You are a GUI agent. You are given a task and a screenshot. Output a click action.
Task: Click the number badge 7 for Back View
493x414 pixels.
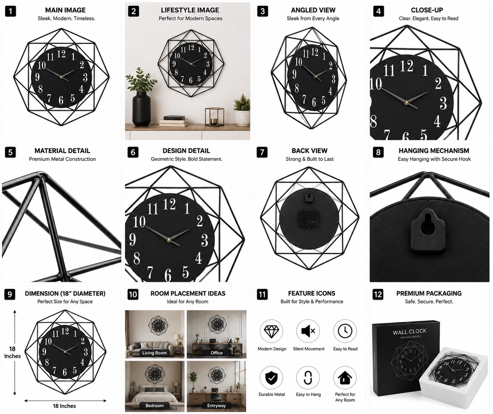point(262,152)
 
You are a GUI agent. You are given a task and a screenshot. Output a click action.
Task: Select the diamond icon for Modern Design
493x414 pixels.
point(271,331)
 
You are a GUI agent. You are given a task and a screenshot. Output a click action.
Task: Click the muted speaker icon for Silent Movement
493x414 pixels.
point(308,331)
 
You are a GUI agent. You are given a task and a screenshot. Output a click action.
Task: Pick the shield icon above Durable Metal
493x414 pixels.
point(271,377)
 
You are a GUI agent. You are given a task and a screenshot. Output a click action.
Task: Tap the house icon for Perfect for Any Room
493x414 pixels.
point(345,377)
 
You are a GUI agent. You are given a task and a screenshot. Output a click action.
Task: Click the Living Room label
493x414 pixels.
point(154,353)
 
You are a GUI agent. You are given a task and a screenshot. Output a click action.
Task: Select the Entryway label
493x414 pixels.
point(216,405)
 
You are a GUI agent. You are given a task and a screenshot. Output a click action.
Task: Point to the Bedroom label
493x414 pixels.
point(154,405)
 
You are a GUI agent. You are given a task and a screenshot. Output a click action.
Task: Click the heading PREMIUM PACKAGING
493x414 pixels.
point(429,293)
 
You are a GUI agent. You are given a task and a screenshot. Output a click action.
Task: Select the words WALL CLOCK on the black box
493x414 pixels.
point(409,331)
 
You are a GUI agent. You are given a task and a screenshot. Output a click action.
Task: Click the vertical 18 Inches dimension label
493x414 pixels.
point(13,352)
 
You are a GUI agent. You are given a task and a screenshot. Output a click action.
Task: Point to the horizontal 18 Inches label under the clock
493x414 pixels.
point(64,406)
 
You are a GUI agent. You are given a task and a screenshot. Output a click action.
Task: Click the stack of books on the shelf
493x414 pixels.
point(174,121)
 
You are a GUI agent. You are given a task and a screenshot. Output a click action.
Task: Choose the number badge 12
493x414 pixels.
point(378,294)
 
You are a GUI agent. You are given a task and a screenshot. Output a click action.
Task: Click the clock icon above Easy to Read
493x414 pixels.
point(345,331)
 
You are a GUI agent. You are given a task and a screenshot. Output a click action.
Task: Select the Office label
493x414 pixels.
point(216,353)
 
